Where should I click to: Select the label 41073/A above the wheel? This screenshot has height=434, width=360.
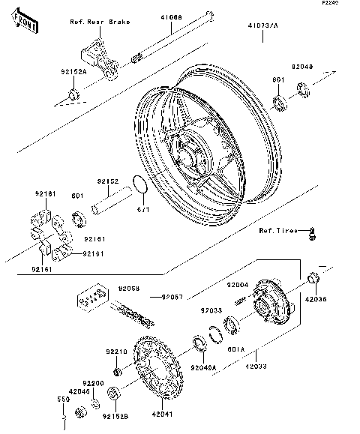pos(262,25)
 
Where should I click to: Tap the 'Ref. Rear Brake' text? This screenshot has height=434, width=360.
pos(99,22)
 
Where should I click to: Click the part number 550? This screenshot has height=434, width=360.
pos(64,400)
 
